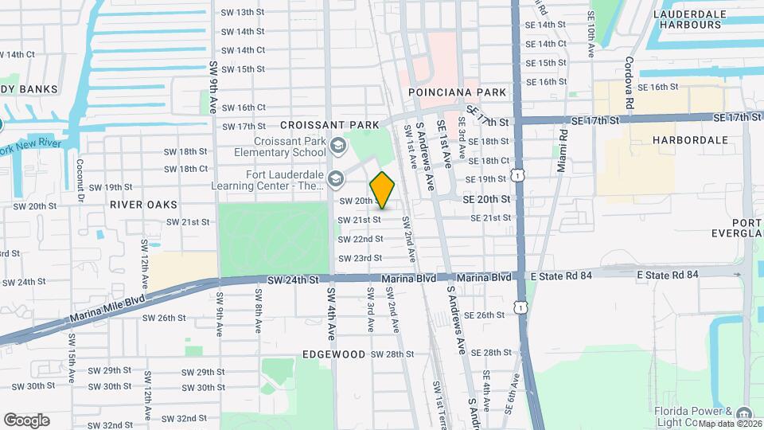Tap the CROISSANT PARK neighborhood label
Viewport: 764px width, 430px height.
pyautogui.click(x=318, y=126)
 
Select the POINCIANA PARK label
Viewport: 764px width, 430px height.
pyautogui.click(x=457, y=92)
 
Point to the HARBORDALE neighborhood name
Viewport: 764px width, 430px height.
pyautogui.click(x=690, y=139)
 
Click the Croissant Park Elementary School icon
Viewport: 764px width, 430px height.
pyautogui.click(x=338, y=145)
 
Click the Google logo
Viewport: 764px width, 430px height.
pyautogui.click(x=26, y=420)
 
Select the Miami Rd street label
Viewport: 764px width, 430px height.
pyautogui.click(x=563, y=152)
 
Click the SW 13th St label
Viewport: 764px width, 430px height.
pyautogui.click(x=242, y=12)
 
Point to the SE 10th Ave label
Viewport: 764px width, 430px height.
pyautogui.click(x=591, y=37)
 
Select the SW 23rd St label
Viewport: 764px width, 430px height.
pyautogui.click(x=361, y=258)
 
